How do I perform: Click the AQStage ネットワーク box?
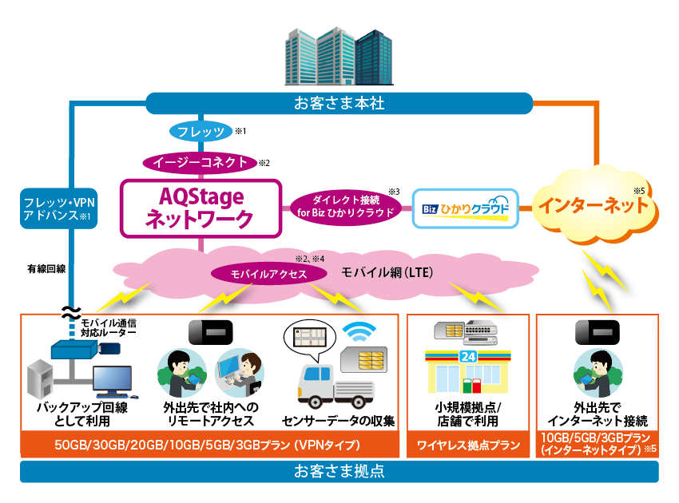point(201,208)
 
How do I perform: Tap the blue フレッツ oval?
point(199,130)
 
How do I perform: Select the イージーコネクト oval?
point(200,161)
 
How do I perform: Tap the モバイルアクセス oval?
point(270,273)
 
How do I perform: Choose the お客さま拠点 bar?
point(339,471)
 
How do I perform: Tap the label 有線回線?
point(46,270)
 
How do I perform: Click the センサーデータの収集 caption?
point(338,421)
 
